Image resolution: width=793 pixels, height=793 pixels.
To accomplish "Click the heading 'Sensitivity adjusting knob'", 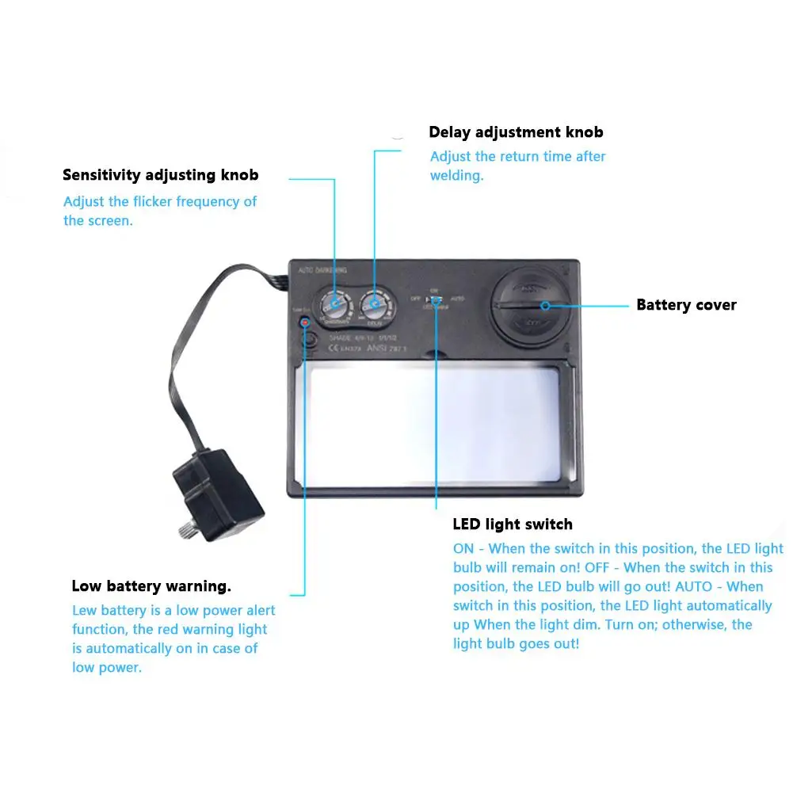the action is tap(160, 175).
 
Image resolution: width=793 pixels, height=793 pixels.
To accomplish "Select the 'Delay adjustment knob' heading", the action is tap(516, 132).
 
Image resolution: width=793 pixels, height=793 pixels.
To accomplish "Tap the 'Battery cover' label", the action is tap(686, 305).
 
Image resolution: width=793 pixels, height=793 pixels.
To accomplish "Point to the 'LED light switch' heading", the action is tap(512, 524).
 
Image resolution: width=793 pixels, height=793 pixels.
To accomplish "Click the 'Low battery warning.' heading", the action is tap(151, 587).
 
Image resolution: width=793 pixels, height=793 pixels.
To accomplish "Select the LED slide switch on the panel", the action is tap(433, 299).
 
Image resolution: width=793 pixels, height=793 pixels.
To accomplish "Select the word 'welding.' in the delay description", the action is tap(456, 176).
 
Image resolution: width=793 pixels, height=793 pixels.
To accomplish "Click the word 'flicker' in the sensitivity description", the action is tap(198, 202).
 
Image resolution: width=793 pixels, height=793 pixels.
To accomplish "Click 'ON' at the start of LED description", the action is tap(463, 549).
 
